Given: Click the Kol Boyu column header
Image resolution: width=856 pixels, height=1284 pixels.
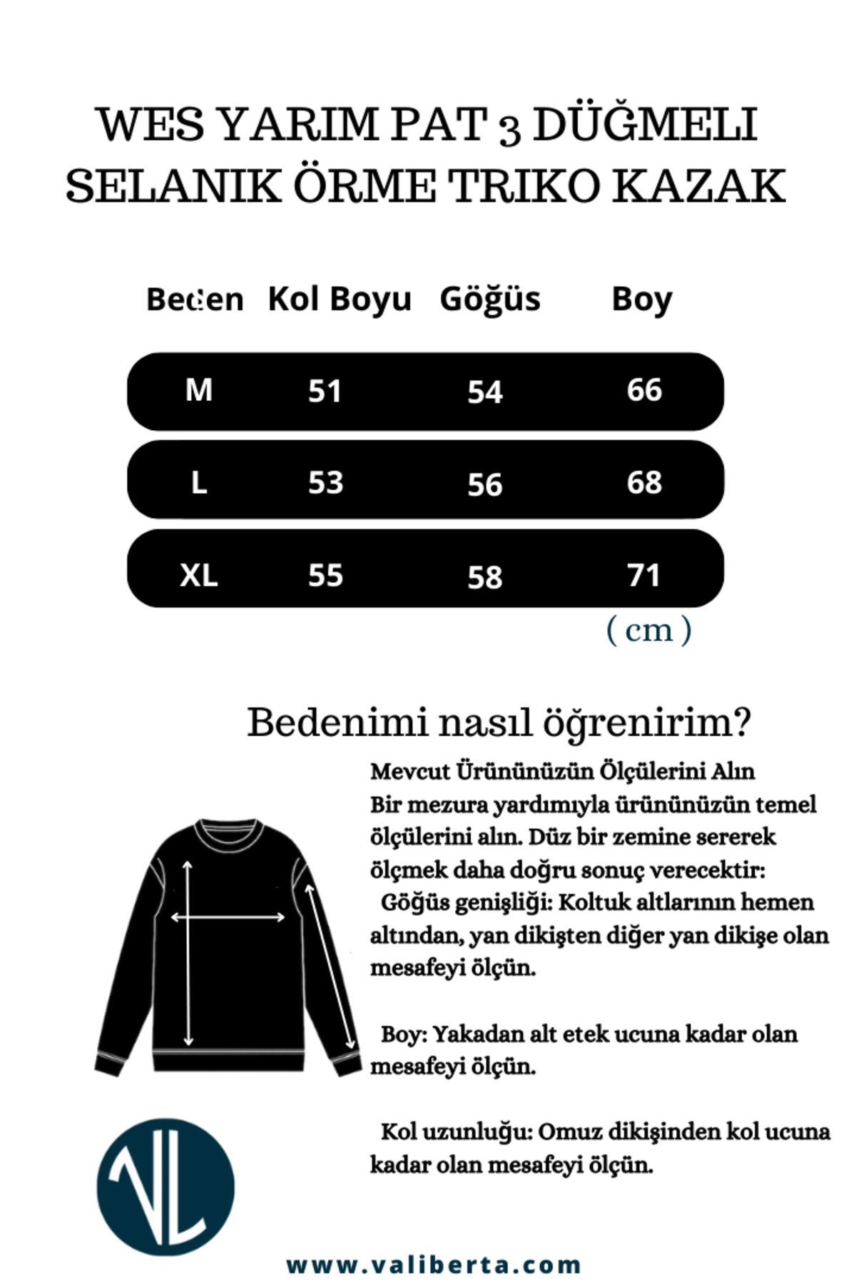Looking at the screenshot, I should click(340, 300).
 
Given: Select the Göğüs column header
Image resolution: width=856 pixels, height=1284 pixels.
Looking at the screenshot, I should click(490, 300).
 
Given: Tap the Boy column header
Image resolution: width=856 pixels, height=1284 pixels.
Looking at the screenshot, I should click(642, 300).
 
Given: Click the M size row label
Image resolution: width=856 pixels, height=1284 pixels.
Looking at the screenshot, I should click(198, 390).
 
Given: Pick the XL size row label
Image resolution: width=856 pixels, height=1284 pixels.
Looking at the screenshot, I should click(198, 575).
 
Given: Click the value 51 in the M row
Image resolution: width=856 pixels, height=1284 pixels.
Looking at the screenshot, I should click(325, 392).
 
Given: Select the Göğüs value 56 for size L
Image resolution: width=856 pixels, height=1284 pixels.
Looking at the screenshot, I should click(485, 484).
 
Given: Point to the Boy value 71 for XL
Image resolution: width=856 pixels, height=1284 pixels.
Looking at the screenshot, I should click(643, 575).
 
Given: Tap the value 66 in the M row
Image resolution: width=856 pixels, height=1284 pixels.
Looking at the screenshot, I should click(644, 390).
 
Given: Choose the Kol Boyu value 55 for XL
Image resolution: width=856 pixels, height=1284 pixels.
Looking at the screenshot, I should click(325, 575).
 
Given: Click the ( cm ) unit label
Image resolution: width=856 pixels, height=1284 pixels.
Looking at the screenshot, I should click(648, 630).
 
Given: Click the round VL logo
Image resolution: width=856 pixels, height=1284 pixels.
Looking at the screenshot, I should click(165, 1187).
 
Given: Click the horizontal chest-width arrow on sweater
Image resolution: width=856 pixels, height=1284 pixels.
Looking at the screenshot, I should click(228, 917).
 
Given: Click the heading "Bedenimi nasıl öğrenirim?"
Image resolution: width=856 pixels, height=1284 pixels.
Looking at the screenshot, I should click(499, 723).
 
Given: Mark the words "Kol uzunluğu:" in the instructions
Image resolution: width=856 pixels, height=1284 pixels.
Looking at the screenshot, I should click(457, 1132).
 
